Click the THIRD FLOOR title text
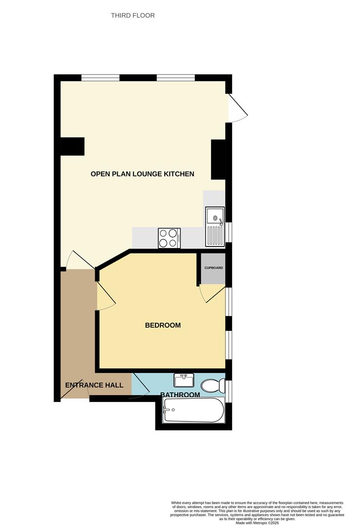pos(133,16)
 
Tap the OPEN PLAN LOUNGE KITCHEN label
pos(142,174)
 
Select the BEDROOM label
pos(163,325)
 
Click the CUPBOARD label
pos(213,268)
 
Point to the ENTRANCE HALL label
pos(94,385)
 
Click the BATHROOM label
pos(180,394)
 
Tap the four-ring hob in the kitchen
pos(169,238)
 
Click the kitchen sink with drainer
pos(214,227)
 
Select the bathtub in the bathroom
pos(193,410)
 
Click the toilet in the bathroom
pos(214,385)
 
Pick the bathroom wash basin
pos(184,380)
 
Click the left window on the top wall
pos(101,78)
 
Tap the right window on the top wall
pos(176,78)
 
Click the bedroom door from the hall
pos(106,297)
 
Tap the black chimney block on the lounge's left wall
pos(72,146)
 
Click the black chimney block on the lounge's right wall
pos(218,160)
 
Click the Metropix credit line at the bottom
pos(257,523)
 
